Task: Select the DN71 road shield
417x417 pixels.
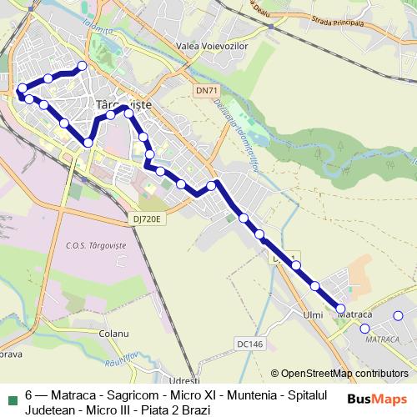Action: point(205,89)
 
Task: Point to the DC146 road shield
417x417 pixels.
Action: point(249,344)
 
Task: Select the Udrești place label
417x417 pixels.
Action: point(183,380)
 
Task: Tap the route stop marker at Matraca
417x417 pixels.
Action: point(340,309)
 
